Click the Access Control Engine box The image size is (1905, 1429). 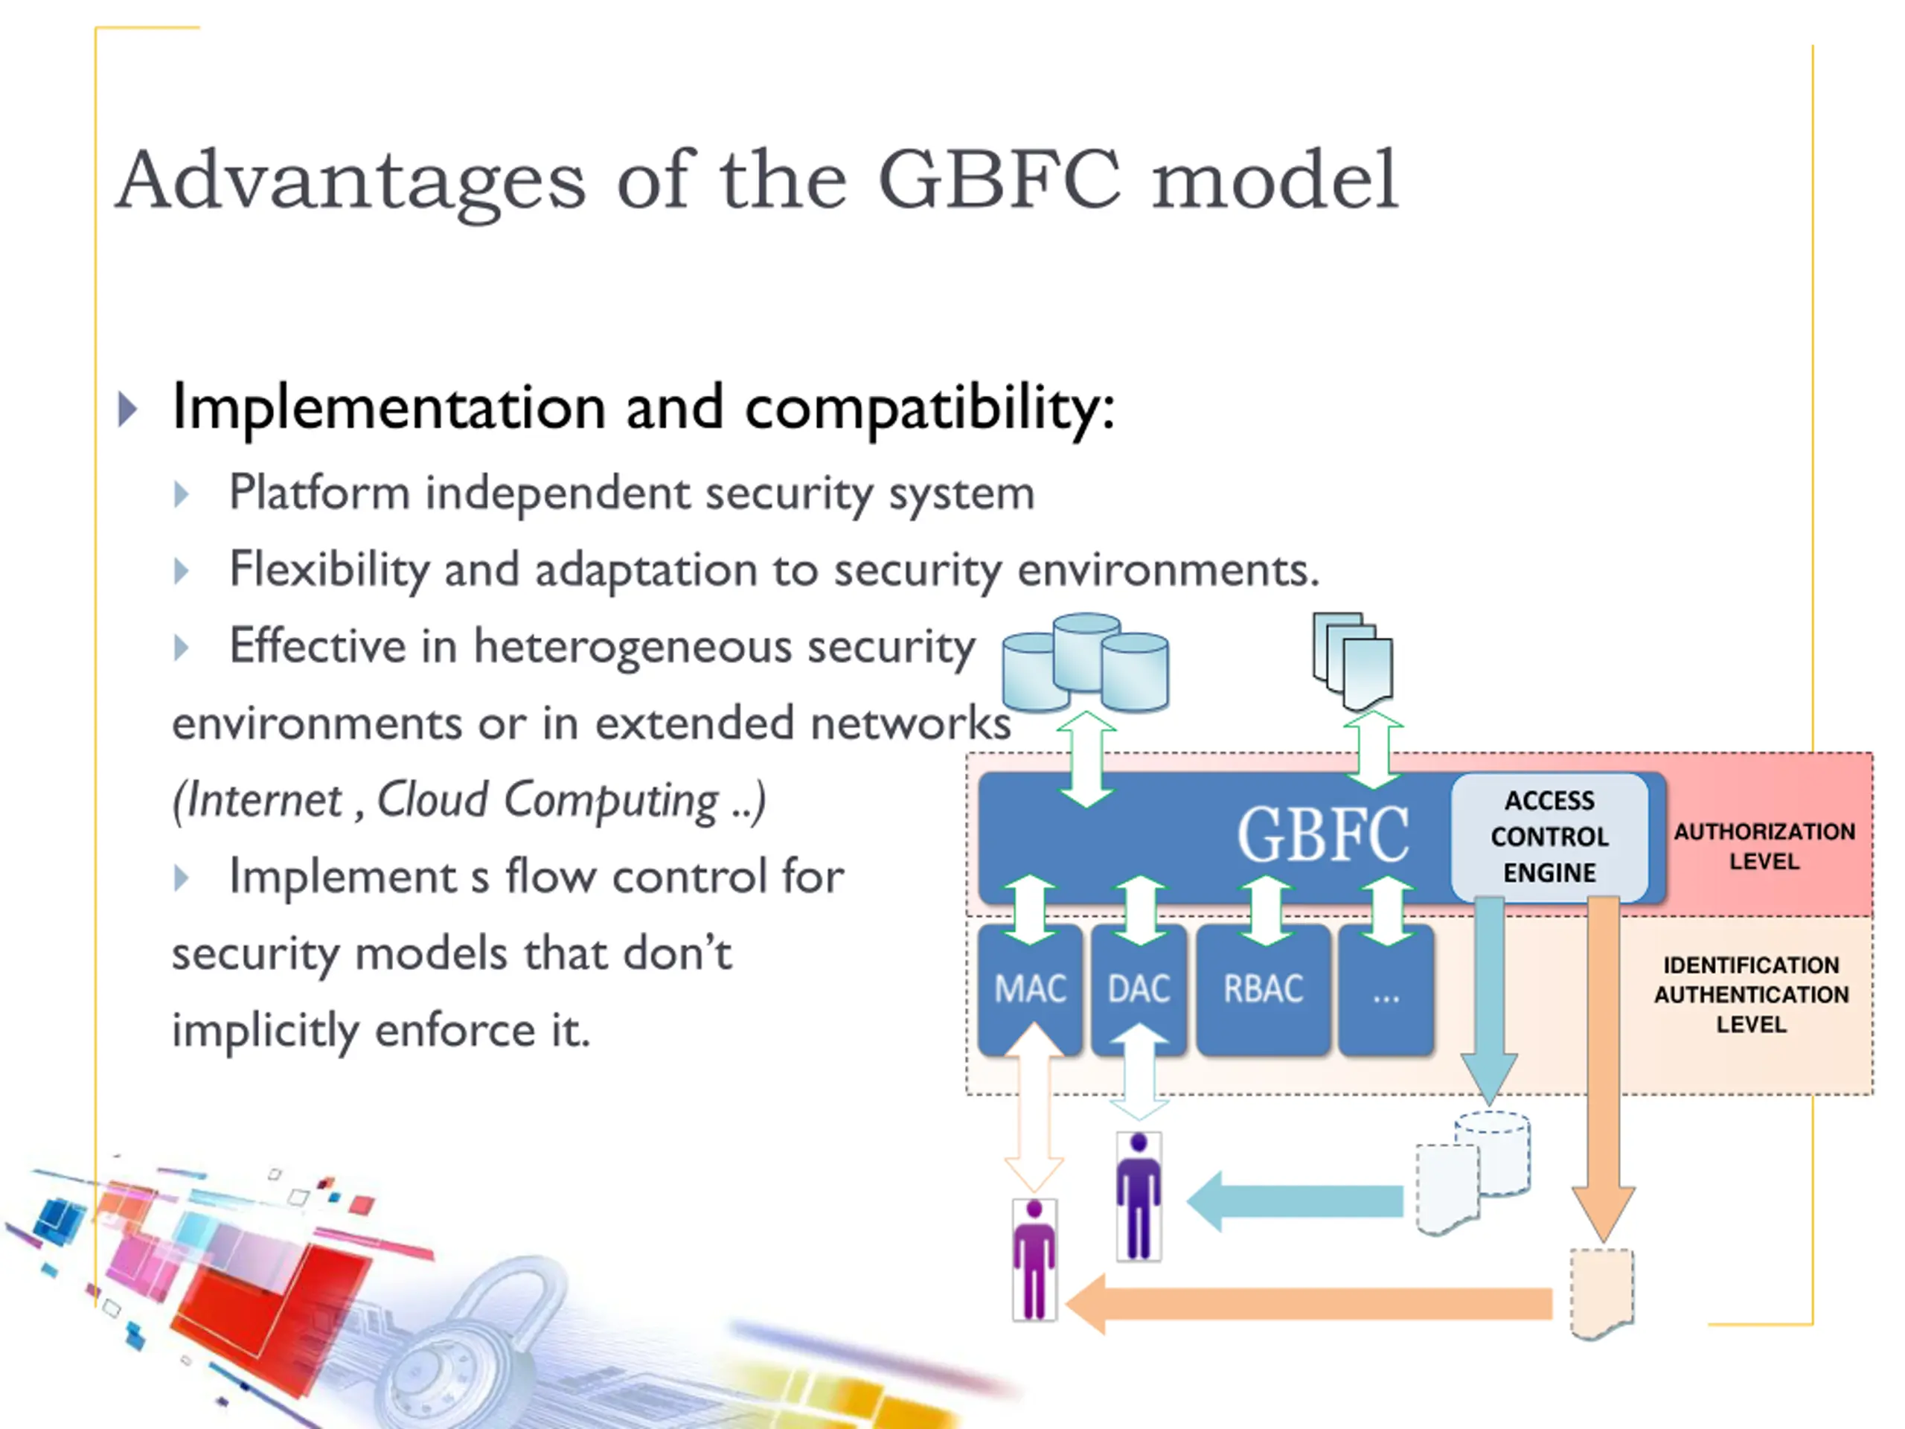click(1549, 837)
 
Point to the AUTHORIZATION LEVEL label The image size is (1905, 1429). click(1764, 845)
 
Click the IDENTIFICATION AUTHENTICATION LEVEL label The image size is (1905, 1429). click(1751, 994)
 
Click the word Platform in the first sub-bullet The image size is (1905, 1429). click(318, 493)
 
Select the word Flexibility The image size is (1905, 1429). click(329, 570)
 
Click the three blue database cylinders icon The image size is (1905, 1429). click(1085, 662)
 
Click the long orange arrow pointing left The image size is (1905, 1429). click(1309, 1303)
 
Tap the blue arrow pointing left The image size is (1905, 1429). click(1296, 1201)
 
